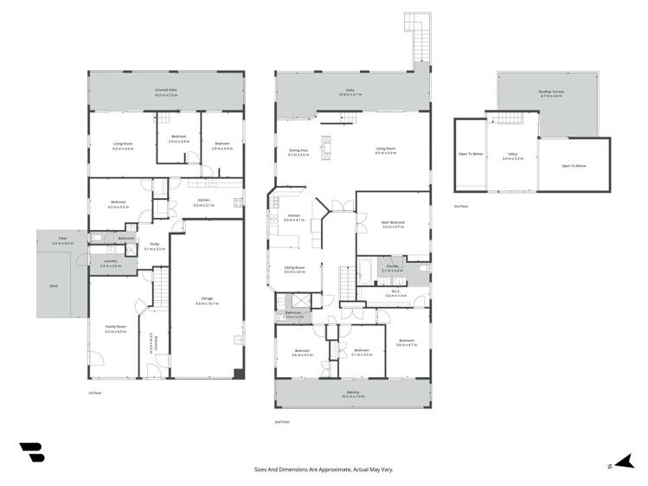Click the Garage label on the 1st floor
[204, 298]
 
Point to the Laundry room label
[110, 261]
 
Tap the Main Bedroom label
[394, 222]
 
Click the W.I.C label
[395, 294]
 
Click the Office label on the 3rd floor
[513, 157]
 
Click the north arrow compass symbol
[616, 463]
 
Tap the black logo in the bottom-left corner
[31, 454]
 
